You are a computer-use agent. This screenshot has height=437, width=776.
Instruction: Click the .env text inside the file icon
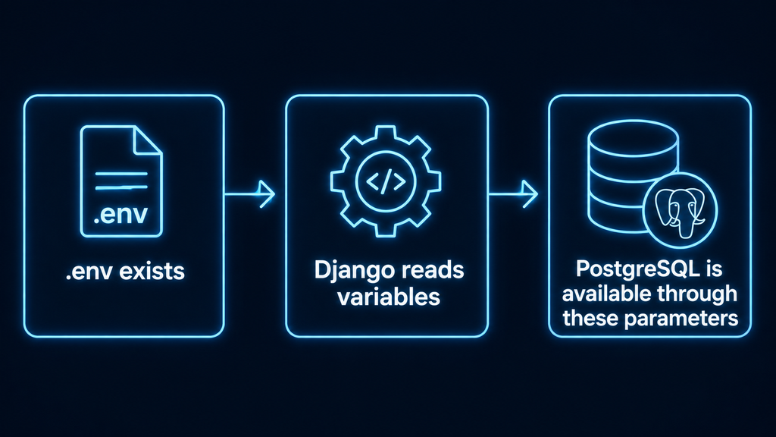click(x=120, y=214)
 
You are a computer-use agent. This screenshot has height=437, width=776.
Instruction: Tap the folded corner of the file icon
click(x=148, y=140)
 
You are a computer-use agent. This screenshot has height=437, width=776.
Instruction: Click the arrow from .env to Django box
click(x=249, y=193)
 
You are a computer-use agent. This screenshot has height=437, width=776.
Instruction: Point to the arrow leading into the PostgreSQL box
click(x=513, y=193)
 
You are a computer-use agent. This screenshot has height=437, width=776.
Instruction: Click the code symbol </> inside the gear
click(x=386, y=181)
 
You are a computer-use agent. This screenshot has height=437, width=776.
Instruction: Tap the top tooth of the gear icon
click(x=386, y=132)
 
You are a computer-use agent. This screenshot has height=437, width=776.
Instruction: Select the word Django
click(x=355, y=271)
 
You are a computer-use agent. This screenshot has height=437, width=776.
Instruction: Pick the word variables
click(x=389, y=297)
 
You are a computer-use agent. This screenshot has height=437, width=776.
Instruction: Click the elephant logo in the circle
click(x=681, y=210)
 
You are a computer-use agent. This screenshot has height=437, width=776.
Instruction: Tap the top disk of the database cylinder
click(x=633, y=138)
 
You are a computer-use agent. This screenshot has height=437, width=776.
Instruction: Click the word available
click(x=601, y=294)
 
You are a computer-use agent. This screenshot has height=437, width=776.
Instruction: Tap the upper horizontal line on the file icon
click(x=121, y=174)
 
